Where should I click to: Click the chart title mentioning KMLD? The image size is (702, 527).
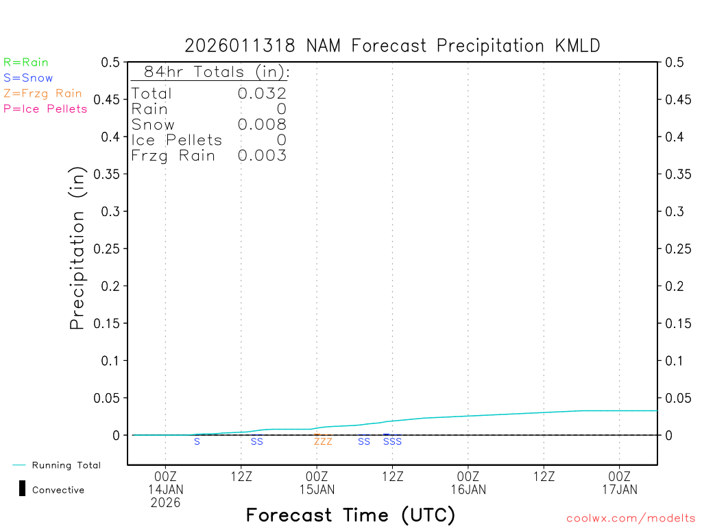392,46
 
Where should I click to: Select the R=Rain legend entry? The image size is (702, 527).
26,62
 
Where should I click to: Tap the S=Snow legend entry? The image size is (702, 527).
28,78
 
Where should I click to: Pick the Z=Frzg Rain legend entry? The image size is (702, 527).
43,93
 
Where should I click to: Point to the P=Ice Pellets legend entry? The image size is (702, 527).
45,108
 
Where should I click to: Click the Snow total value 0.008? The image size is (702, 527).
262,124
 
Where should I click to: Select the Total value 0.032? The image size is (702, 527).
262,93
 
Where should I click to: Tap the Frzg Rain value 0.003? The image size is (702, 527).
262,156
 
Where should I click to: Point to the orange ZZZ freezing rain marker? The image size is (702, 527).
323,442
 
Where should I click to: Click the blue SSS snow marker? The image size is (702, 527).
392,442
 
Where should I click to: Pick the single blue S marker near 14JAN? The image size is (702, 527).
197,442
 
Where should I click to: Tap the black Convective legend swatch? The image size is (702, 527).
22,489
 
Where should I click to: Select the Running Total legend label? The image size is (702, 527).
66,465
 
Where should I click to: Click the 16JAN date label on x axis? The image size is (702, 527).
468,489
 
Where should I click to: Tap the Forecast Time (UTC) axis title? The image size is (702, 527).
350,515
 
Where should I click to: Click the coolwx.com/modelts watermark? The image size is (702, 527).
631,519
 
